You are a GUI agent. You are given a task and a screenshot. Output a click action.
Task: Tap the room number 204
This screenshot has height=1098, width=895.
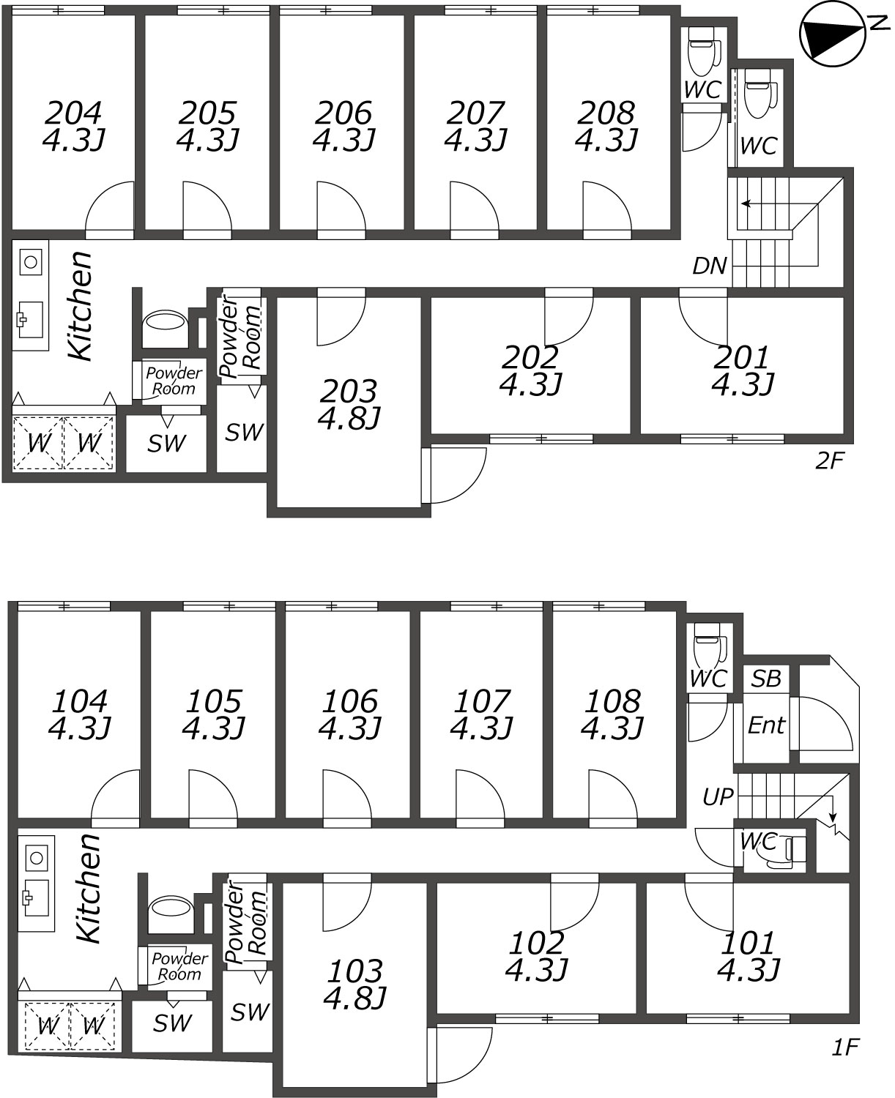pyautogui.click(x=73, y=113)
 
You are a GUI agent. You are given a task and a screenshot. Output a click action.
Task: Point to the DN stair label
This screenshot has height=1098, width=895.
pyautogui.click(x=709, y=266)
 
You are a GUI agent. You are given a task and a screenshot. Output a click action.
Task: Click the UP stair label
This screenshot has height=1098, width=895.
pyautogui.click(x=718, y=797)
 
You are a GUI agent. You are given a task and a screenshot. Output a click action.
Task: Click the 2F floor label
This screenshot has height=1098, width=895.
pyautogui.click(x=829, y=460)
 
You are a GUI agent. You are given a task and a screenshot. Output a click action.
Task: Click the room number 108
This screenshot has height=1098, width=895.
pyautogui.click(x=613, y=701)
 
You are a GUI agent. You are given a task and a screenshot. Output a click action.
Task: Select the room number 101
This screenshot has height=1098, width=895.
pyautogui.click(x=748, y=944)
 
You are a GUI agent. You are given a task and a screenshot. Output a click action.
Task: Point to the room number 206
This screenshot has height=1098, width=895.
pyautogui.click(x=343, y=113)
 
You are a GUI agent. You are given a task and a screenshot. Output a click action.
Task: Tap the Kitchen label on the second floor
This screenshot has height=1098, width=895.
pyautogui.click(x=81, y=306)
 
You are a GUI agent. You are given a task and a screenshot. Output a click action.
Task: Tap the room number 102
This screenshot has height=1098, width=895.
pyautogui.click(x=536, y=944)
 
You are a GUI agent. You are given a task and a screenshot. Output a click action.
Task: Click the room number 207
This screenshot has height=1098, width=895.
pyautogui.click(x=475, y=113)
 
